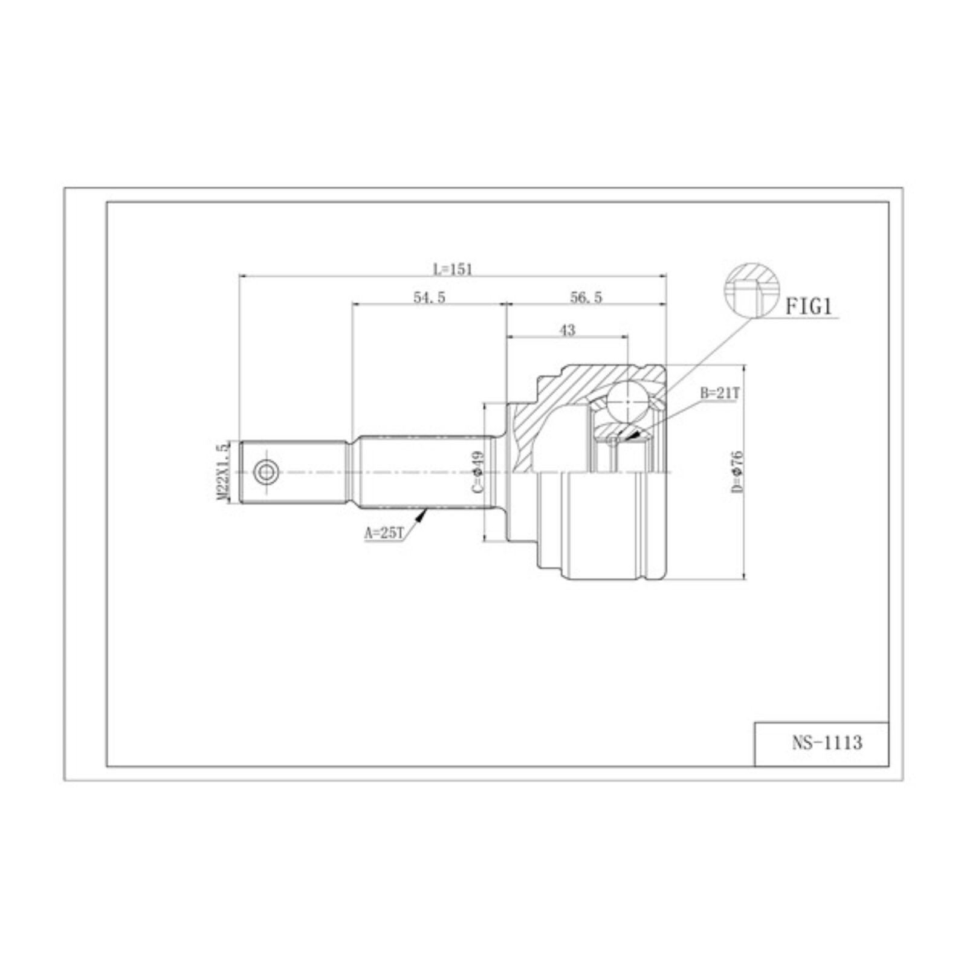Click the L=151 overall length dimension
pos(453,269)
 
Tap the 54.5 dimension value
pos(429,297)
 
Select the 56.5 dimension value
pos(586,297)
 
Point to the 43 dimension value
pos(567,330)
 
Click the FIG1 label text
pos(809,307)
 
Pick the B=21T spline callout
pos(720,393)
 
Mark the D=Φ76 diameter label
pos(737,471)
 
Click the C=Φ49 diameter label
pos(478,471)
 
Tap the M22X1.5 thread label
pos(222,472)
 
